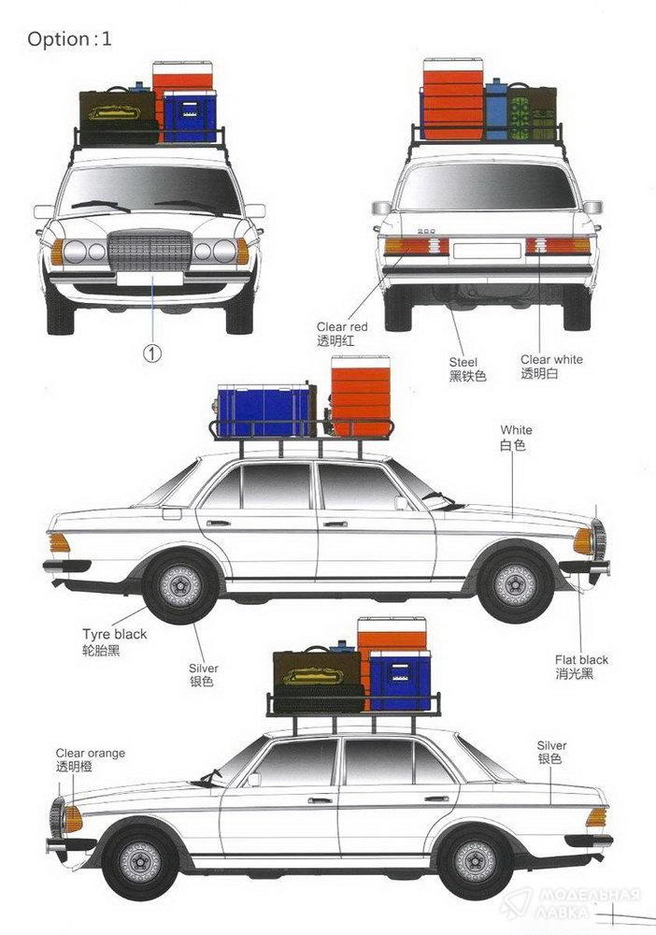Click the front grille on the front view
click(x=150, y=252)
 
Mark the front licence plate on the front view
click(x=150, y=278)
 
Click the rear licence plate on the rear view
click(x=486, y=250)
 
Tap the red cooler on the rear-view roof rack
click(x=452, y=99)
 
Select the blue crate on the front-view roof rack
click(x=190, y=117)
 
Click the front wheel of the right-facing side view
click(x=515, y=583)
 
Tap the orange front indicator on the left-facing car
click(x=72, y=819)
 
